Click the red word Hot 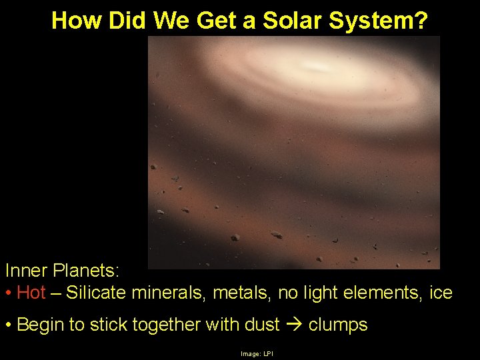click(x=31, y=292)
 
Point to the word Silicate click(x=97, y=292)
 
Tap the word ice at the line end click(x=439, y=292)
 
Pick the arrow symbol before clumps click(x=294, y=325)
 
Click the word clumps click(x=338, y=325)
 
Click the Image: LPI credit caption click(x=257, y=353)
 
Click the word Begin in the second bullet click(x=40, y=325)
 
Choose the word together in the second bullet click(x=163, y=325)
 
